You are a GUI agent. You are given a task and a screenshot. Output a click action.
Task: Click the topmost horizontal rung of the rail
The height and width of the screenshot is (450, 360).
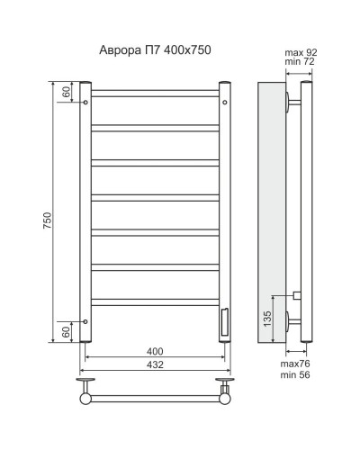(x=154, y=93)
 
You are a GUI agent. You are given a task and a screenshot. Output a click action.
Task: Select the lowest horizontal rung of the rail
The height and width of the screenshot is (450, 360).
(x=154, y=300)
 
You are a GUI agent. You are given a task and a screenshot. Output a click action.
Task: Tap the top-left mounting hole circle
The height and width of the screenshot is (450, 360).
(x=86, y=103)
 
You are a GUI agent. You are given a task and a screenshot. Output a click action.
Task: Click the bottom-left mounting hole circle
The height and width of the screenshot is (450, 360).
(x=86, y=320)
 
